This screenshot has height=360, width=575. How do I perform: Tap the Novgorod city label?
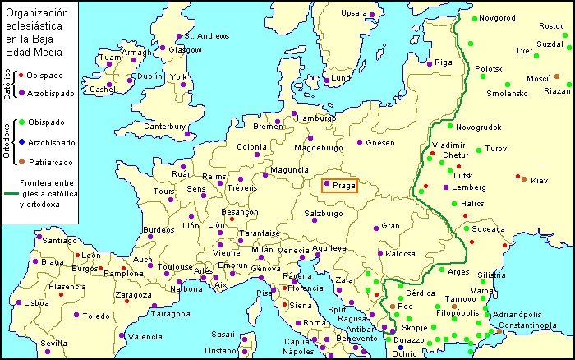pos(497,18)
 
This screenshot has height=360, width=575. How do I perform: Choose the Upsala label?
pos(354,13)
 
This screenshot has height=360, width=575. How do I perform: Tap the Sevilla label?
pos(53,343)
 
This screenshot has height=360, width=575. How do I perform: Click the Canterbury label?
pos(165,127)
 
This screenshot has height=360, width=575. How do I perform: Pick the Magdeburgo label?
pos(317,148)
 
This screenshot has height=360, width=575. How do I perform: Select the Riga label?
pos(444,62)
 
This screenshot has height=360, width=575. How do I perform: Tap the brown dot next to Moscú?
pos(556,76)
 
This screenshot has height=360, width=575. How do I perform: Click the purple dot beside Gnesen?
pos(359,141)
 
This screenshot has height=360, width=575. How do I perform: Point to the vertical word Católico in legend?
pos(7,82)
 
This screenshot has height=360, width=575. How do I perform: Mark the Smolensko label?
pos(507,93)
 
